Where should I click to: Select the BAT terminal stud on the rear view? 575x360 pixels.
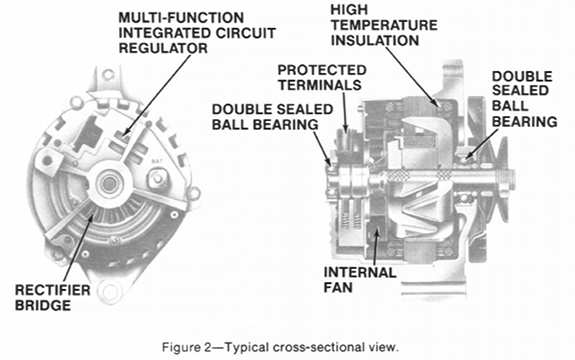pos(156,179)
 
